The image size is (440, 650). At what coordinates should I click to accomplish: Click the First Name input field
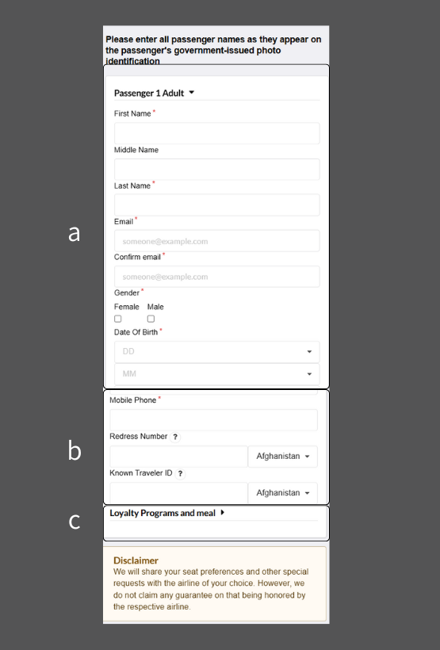click(x=216, y=133)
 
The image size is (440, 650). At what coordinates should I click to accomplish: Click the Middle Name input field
click(x=216, y=169)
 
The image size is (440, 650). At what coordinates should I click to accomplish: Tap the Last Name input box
click(x=216, y=205)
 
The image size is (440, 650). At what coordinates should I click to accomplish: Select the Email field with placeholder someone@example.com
click(x=216, y=241)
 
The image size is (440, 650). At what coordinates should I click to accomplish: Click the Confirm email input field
click(x=216, y=277)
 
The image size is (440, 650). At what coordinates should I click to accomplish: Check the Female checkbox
click(x=118, y=319)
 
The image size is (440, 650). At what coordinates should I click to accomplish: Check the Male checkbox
click(x=151, y=319)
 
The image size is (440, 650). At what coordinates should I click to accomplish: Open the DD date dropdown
click(x=216, y=351)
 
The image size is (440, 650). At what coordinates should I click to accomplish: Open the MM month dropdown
click(x=216, y=373)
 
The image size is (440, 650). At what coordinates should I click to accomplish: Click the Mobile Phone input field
click(x=213, y=420)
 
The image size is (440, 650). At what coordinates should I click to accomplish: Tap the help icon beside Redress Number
click(x=175, y=437)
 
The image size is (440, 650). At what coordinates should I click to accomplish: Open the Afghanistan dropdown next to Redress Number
click(x=282, y=457)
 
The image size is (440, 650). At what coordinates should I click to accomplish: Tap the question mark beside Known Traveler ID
click(x=180, y=473)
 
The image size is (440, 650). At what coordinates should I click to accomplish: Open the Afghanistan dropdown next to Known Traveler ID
click(x=282, y=493)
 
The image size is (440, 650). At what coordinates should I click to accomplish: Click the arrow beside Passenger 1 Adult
click(x=192, y=93)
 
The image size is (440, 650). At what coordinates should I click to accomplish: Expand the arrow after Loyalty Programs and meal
click(x=223, y=513)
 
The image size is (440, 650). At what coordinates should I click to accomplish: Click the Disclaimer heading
click(x=136, y=560)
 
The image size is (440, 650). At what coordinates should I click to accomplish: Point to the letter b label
click(x=75, y=450)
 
